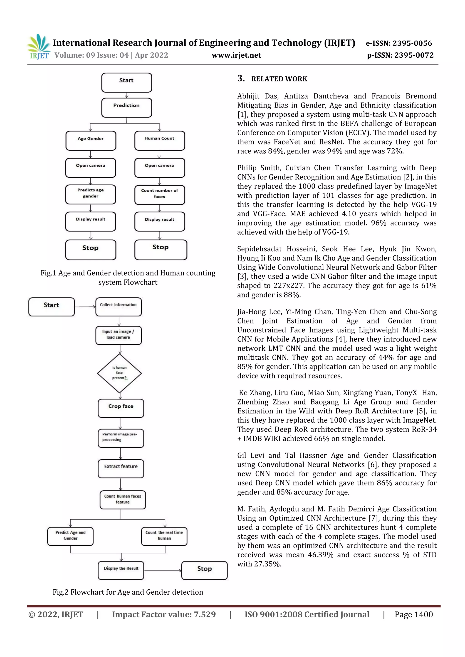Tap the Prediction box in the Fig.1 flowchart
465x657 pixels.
point(126,108)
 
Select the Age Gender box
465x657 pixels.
point(91,140)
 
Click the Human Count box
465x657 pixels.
point(159,140)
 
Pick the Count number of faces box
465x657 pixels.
point(159,195)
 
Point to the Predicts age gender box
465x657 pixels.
point(91,194)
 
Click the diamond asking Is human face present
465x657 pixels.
point(119,373)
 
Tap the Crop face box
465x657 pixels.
point(121,408)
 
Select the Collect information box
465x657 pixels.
point(119,307)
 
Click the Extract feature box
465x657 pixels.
point(121,468)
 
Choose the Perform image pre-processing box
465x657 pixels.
point(121,438)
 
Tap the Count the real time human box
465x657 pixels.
point(164,536)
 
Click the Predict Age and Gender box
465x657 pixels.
point(70,536)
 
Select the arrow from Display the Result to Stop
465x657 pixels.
point(163,570)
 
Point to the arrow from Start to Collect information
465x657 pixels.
point(85,307)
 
